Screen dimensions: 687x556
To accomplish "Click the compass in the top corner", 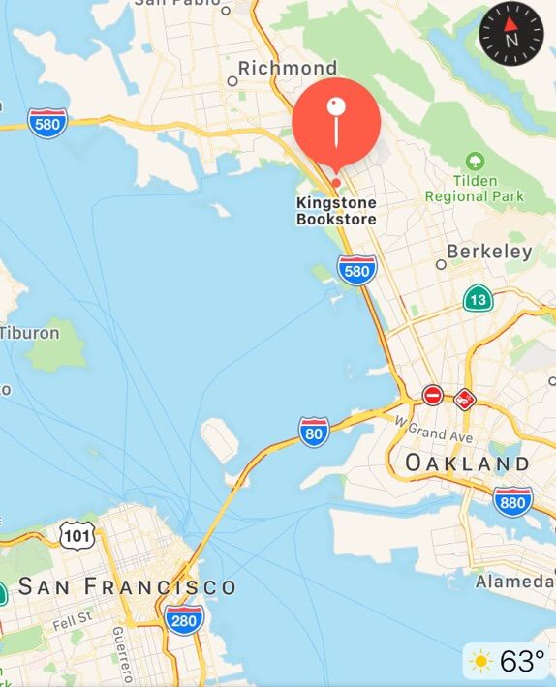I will point(511,34).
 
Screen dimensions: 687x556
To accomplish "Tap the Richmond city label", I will point(288,68).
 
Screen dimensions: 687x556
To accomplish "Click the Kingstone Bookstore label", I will point(336,211).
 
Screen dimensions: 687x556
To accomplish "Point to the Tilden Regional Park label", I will point(475,189).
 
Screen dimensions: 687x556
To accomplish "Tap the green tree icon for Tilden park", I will point(475,160).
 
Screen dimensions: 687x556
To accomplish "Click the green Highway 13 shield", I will point(478,298).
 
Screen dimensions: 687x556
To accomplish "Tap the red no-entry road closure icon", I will point(433,396).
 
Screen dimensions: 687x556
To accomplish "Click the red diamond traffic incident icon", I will point(465,398).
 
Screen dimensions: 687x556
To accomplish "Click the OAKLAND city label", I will point(468,463).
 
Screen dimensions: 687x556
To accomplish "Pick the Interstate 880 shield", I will point(512,500).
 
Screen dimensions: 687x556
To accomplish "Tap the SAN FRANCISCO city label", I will point(127,586).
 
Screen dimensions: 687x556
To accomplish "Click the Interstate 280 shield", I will point(184,619).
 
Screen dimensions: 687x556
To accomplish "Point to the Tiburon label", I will point(29,332).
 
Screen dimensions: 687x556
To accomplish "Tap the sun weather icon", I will point(480,662).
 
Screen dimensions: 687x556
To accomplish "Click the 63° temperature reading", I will point(522,662).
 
